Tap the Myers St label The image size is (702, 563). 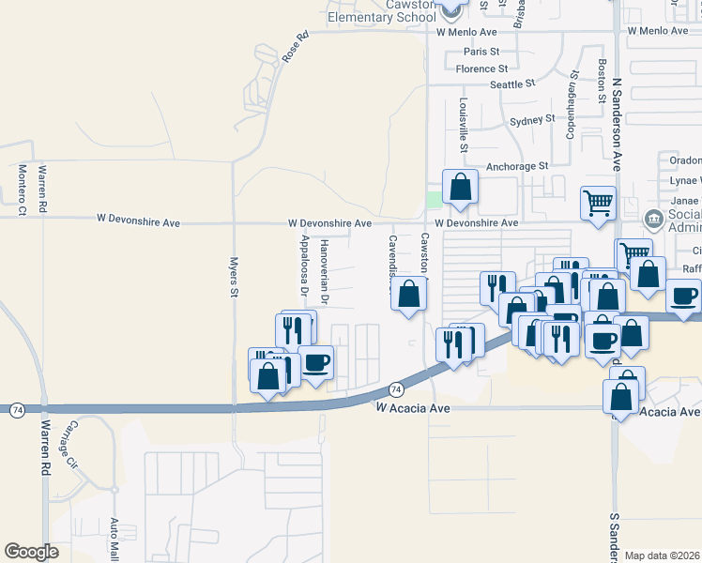coord(234,278)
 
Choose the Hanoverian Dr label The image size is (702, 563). coord(325,272)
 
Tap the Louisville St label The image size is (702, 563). coord(464,125)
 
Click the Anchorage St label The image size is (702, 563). coord(516,166)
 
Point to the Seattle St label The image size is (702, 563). coord(511,84)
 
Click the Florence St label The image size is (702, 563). coord(481,68)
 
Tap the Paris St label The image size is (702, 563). coord(481,52)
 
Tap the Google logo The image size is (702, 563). coord(31,552)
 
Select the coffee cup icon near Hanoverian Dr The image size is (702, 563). coord(315,361)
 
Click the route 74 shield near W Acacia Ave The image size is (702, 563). coord(396,388)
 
